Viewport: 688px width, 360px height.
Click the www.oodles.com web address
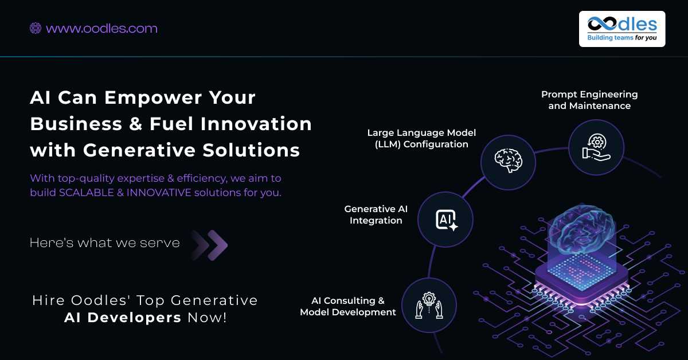coord(101,29)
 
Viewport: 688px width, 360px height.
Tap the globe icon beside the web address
coord(36,28)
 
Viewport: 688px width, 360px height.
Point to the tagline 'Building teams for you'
coord(622,37)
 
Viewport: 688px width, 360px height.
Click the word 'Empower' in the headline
coord(153,97)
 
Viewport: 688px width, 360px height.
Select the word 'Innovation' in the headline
coord(256,124)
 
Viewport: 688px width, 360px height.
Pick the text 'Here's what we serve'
coord(105,242)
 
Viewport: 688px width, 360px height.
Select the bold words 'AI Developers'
coord(123,318)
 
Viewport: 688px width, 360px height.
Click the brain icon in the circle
coord(509,161)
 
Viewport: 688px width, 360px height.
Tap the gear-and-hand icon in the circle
coord(596,147)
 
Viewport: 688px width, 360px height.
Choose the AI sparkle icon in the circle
coord(447,220)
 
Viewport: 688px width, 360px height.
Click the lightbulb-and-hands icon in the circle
coord(429,306)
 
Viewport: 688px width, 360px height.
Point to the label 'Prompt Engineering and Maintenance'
coord(589,100)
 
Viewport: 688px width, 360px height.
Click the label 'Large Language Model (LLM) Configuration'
coord(421,138)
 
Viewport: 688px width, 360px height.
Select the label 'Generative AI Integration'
coord(376,214)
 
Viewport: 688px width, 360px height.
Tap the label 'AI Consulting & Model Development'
coord(348,306)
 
